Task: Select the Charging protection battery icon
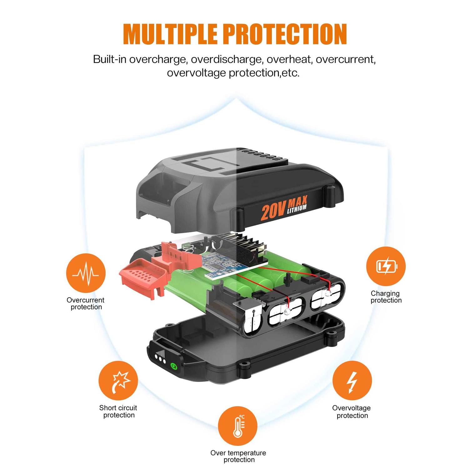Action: (386, 266)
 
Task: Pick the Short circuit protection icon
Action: (118, 381)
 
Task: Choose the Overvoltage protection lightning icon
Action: (352, 381)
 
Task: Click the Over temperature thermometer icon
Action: (238, 426)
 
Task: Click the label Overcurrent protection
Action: (86, 303)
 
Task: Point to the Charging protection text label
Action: (386, 297)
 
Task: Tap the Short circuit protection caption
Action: (119, 411)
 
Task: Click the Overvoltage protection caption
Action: (352, 411)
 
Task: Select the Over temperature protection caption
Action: (238, 456)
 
